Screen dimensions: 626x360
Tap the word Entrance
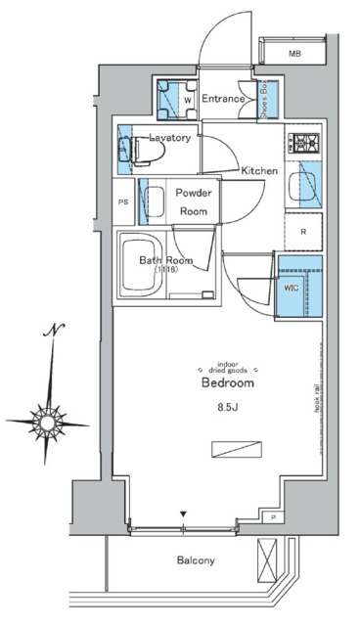224,99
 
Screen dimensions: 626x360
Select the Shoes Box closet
266,98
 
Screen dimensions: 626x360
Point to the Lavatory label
170,139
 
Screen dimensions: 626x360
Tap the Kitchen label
259,171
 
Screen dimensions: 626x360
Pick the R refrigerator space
304,232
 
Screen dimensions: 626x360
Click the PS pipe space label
122,202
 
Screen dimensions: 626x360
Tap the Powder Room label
194,201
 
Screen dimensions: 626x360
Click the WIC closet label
292,288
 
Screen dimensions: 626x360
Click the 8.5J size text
228,408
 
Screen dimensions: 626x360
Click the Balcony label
196,560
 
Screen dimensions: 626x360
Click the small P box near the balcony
273,515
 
